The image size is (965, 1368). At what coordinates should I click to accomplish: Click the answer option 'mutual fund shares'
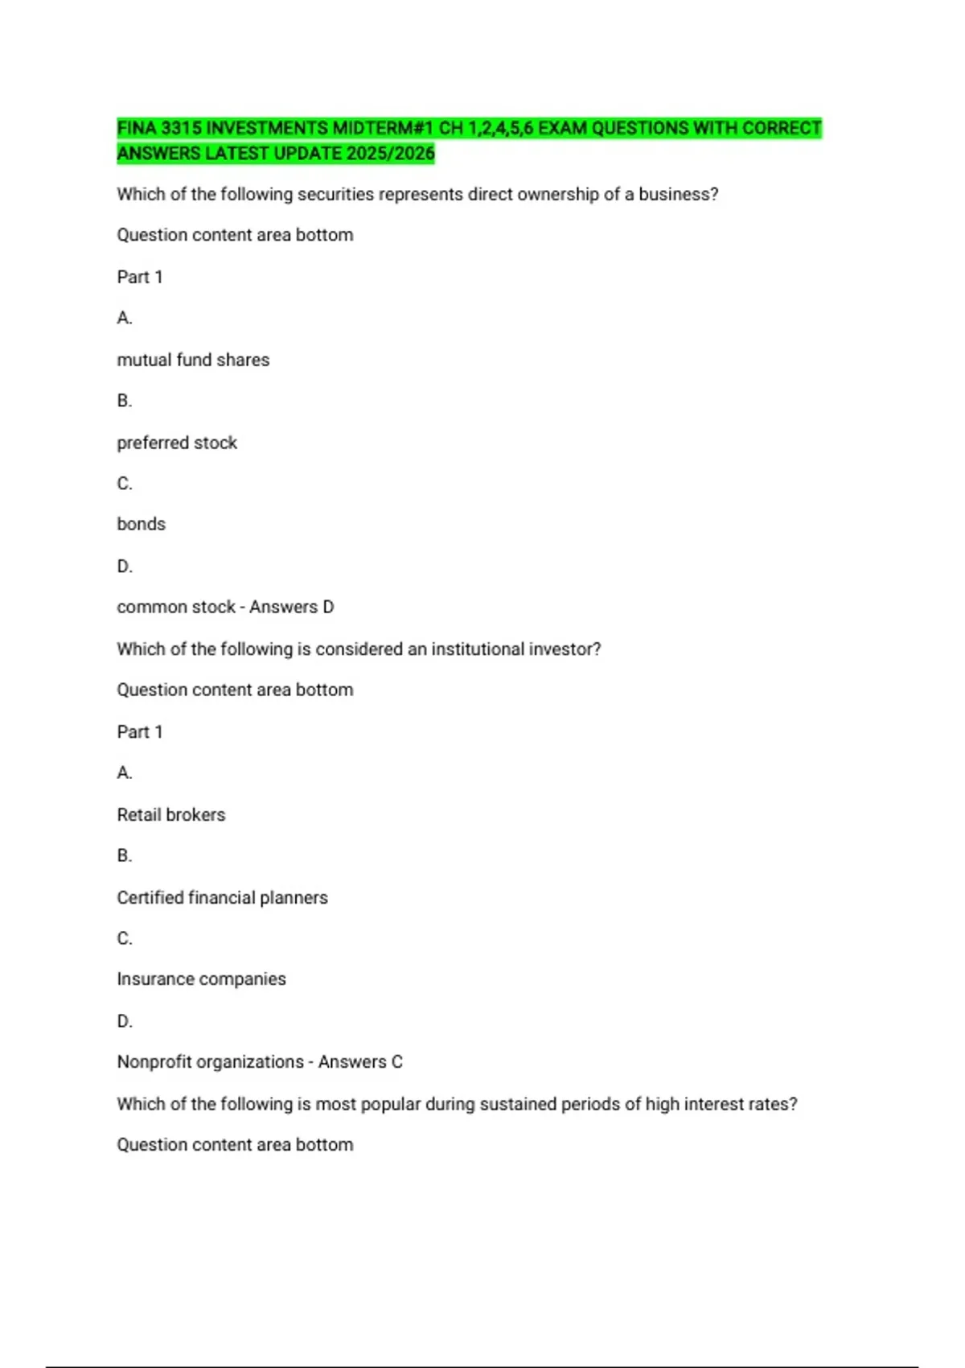point(193,361)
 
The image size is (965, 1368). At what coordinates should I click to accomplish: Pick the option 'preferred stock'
point(177,443)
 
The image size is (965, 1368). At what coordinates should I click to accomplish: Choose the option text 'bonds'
point(141,525)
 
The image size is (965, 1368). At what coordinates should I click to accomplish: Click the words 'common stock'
point(176,608)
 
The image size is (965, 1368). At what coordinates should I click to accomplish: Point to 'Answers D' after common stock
point(291,608)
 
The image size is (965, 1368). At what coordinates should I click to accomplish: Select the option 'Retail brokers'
point(171,815)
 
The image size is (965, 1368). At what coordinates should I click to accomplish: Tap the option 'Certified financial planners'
point(222,898)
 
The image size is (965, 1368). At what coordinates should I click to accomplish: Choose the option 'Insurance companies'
point(201,979)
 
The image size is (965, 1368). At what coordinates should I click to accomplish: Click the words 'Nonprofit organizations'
point(211,1062)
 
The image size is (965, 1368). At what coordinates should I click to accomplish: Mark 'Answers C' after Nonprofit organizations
point(360,1062)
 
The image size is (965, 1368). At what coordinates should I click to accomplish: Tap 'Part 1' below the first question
point(140,278)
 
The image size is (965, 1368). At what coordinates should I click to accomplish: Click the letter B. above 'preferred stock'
point(125,401)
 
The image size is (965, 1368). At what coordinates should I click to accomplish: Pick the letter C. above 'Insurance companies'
point(125,938)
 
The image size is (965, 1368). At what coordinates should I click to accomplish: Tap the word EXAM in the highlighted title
point(562,129)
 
